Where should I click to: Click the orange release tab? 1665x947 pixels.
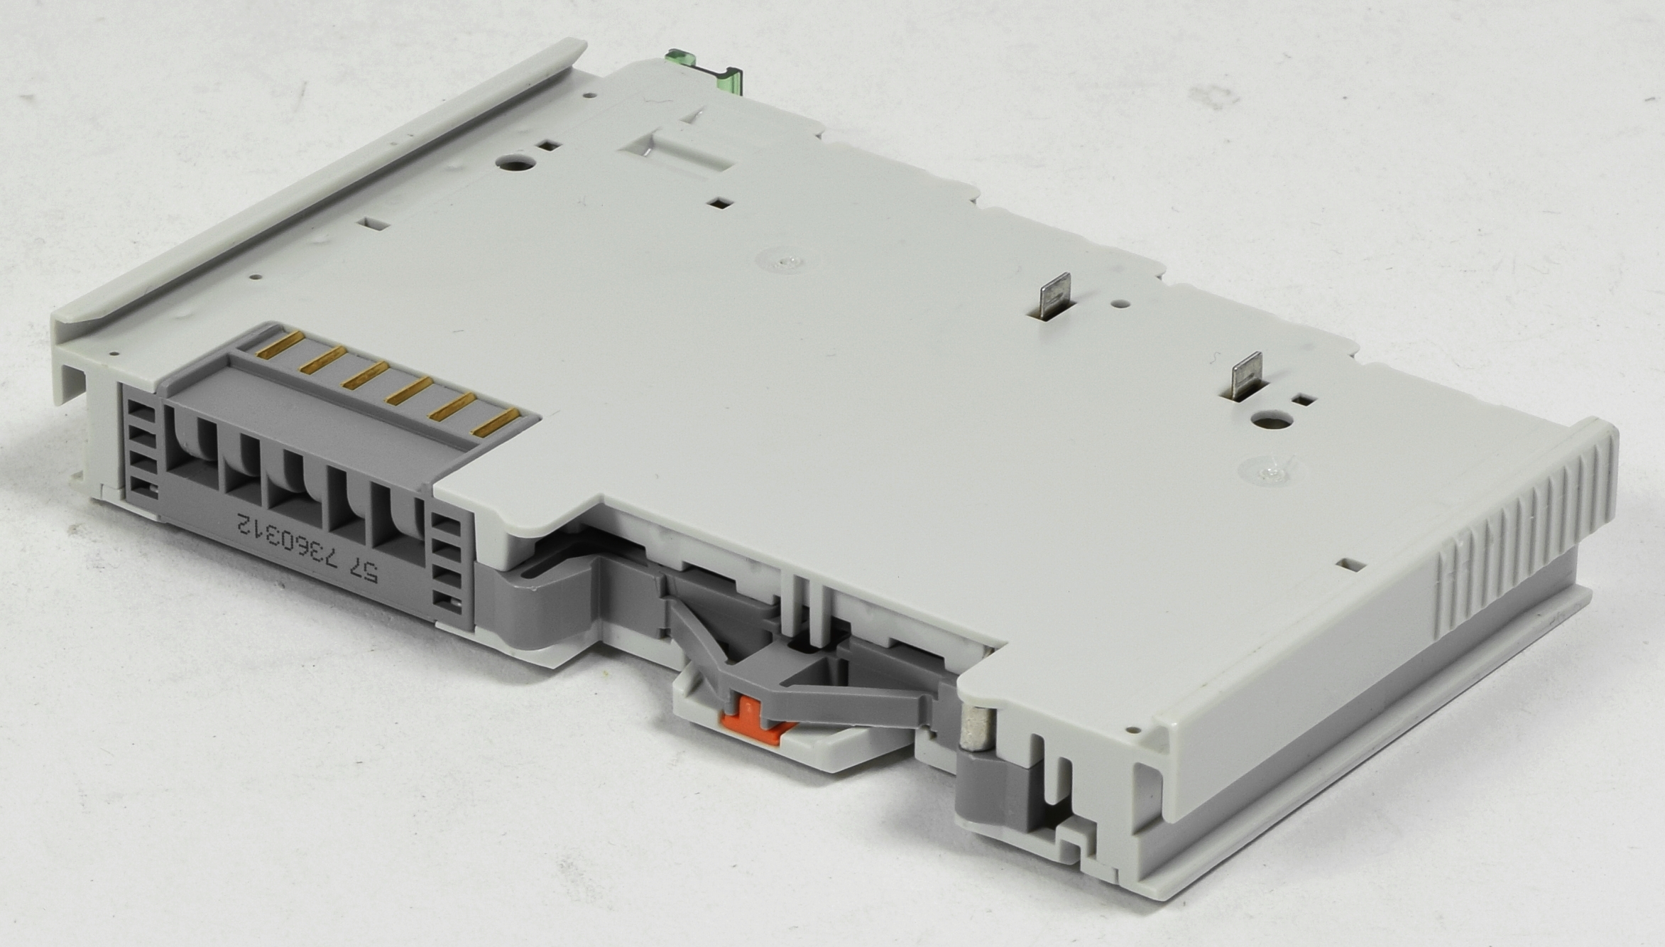pyautogui.click(x=760, y=719)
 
